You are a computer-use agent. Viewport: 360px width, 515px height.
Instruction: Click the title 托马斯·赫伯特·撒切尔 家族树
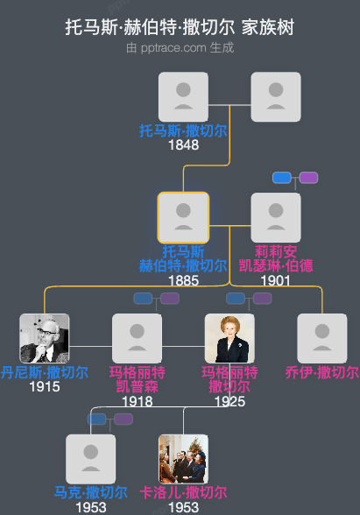(x=180, y=27)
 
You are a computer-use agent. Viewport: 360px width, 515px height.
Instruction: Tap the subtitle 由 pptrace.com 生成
(x=180, y=47)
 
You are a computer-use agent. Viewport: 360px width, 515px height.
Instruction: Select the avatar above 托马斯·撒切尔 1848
(x=183, y=96)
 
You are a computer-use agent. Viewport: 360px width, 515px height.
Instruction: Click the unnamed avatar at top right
(x=276, y=96)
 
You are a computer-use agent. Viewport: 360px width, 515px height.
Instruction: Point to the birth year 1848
(x=183, y=145)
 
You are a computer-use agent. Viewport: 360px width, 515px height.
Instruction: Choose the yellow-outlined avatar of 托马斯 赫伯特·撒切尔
(x=183, y=217)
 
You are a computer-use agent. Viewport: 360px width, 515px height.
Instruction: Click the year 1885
(x=183, y=280)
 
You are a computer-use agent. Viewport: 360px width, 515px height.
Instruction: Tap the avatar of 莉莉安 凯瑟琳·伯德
(x=276, y=217)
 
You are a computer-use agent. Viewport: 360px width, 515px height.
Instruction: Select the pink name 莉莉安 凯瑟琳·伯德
(x=276, y=258)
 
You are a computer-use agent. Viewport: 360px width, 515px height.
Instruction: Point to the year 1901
(x=276, y=280)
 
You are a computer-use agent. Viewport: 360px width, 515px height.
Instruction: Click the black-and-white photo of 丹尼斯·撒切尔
(x=45, y=338)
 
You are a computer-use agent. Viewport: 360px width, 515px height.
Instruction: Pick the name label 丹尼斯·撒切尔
(x=45, y=372)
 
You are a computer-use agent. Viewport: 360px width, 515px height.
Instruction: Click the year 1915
(x=45, y=386)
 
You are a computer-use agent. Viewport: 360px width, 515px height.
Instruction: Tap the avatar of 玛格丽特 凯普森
(x=137, y=338)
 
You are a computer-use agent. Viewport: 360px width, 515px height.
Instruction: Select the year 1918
(x=137, y=401)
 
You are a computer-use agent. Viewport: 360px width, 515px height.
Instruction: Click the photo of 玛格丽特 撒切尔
(x=229, y=338)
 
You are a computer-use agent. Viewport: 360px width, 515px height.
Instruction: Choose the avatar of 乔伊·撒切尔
(x=322, y=338)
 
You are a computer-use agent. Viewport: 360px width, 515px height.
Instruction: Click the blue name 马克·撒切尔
(x=91, y=492)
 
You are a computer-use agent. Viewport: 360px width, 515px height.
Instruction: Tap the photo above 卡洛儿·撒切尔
(x=183, y=459)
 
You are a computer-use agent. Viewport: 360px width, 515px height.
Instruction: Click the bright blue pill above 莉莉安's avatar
(x=281, y=178)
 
